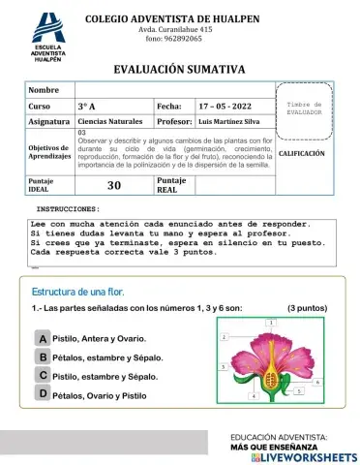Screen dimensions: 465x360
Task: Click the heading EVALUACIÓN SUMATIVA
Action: pyautogui.click(x=180, y=70)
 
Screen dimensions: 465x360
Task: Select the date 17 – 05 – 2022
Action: pyautogui.click(x=225, y=105)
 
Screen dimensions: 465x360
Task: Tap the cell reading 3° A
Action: pyautogui.click(x=86, y=105)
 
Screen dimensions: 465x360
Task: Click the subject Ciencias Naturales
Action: pyautogui.click(x=109, y=122)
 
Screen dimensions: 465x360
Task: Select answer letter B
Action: pyautogui.click(x=43, y=357)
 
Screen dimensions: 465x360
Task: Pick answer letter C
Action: pyautogui.click(x=43, y=376)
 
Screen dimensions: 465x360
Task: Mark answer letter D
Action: pyautogui.click(x=43, y=394)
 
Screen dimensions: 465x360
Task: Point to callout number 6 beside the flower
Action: pyautogui.click(x=254, y=396)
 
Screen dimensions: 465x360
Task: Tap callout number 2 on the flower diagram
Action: pyautogui.click(x=225, y=336)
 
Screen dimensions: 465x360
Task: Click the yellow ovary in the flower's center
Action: pyautogui.click(x=273, y=376)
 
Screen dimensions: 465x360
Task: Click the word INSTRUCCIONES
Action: pyautogui.click(x=68, y=208)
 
